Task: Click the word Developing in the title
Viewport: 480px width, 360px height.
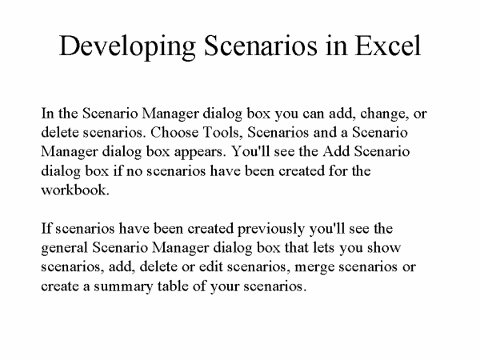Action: (127, 46)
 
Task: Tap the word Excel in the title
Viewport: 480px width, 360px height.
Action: (388, 46)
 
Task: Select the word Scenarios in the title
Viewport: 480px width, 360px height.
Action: (260, 46)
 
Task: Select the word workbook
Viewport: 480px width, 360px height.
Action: (75, 190)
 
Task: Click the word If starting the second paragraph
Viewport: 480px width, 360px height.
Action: (46, 228)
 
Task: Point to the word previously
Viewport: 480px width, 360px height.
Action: (271, 230)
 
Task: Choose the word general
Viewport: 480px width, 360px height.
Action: (64, 248)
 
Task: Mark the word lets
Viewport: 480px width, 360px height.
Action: (324, 247)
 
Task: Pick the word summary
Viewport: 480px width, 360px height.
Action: (123, 287)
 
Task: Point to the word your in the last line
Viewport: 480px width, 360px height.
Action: (224, 287)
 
